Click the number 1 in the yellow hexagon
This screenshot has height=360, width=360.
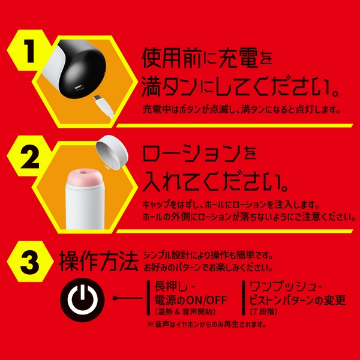[x=29, y=51]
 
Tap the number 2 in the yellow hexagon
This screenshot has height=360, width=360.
[x=29, y=157]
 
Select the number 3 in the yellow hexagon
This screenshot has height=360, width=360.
[x=30, y=262]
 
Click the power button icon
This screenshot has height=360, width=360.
[x=82, y=300]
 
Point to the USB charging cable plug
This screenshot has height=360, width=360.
[x=103, y=107]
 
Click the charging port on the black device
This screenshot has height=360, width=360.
[x=79, y=87]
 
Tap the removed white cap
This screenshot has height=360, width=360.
[x=112, y=152]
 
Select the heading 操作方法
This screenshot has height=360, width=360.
[x=98, y=261]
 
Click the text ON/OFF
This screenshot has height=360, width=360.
[x=206, y=300]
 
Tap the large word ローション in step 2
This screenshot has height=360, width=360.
[x=191, y=153]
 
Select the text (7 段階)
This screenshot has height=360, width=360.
[x=263, y=312]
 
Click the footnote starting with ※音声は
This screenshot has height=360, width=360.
[x=206, y=325]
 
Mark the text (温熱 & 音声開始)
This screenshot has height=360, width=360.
[x=185, y=312]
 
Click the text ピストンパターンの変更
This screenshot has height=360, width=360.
[x=298, y=300]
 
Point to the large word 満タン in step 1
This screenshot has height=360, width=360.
[x=169, y=86]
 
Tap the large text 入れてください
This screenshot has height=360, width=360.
[x=215, y=181]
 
